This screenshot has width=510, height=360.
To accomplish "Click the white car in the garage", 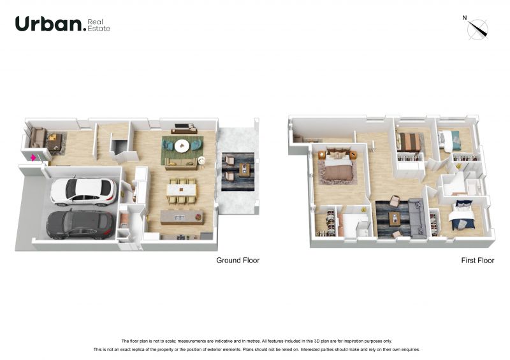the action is tap(84, 192).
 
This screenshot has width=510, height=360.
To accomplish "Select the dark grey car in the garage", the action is tap(80, 224).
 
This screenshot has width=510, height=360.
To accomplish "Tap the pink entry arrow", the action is tap(33, 158).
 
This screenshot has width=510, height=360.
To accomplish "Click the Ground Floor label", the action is tap(238, 261).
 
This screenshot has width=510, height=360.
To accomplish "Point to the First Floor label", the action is tap(477, 261).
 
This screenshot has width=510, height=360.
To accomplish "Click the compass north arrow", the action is tap(477, 29).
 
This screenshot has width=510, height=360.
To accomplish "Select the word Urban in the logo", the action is tap(48, 24).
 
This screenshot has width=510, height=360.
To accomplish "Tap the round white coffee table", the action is tap(182, 146).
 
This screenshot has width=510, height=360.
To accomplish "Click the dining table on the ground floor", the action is tap(182, 190).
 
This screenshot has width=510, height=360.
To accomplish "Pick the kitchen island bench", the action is tap(182, 217).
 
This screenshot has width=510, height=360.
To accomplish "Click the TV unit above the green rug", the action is tap(184, 129).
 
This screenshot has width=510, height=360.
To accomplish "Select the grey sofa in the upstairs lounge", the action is tap(417, 217).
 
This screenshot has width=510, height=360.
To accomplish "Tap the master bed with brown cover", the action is tap(339, 165).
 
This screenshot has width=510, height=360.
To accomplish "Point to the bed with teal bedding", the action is tap(449, 140).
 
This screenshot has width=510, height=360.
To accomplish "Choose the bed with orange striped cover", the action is tap(409, 142).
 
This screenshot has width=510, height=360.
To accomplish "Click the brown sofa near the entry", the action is tap(38, 138).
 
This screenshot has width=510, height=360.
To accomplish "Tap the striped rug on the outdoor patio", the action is tap(238, 171).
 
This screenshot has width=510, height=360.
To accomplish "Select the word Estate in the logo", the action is tap(99, 29).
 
